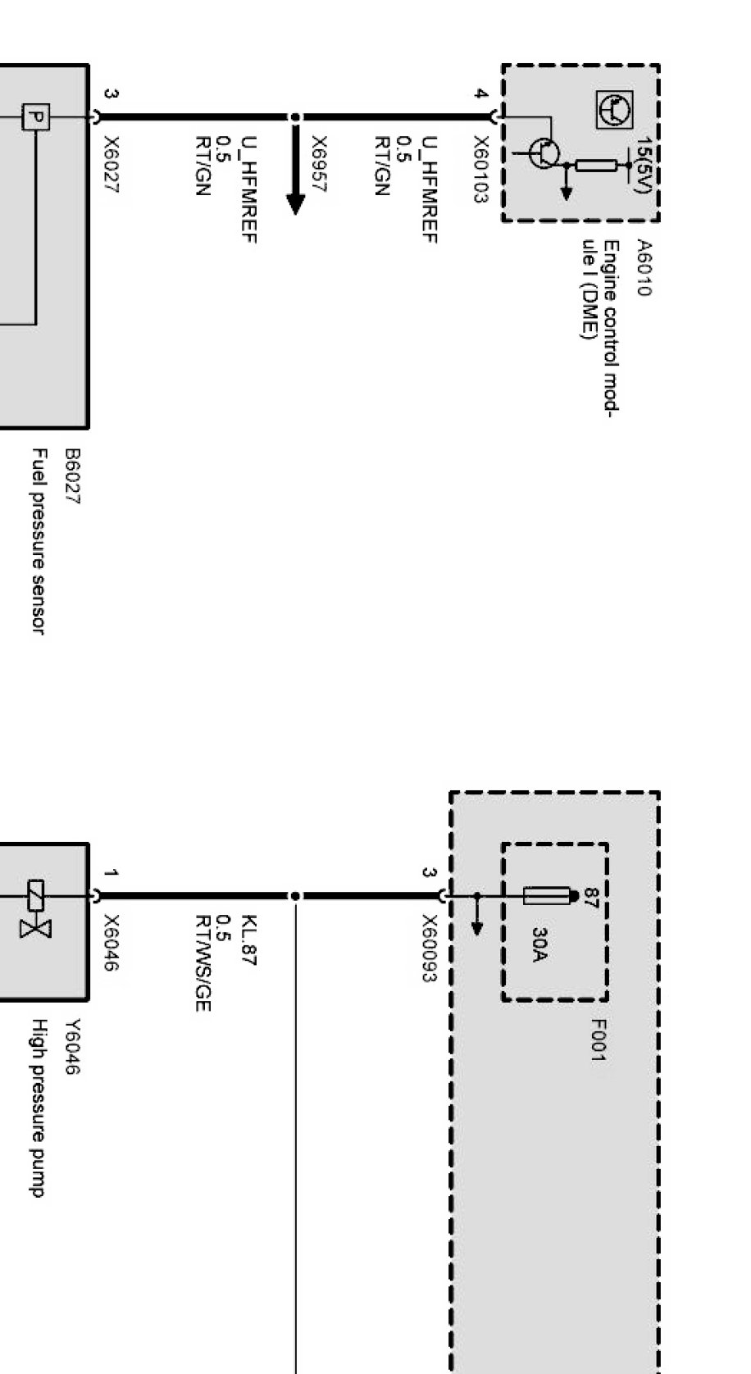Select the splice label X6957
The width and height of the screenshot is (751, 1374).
pyautogui.click(x=320, y=164)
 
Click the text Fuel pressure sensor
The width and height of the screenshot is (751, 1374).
pyautogui.click(x=37, y=540)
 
